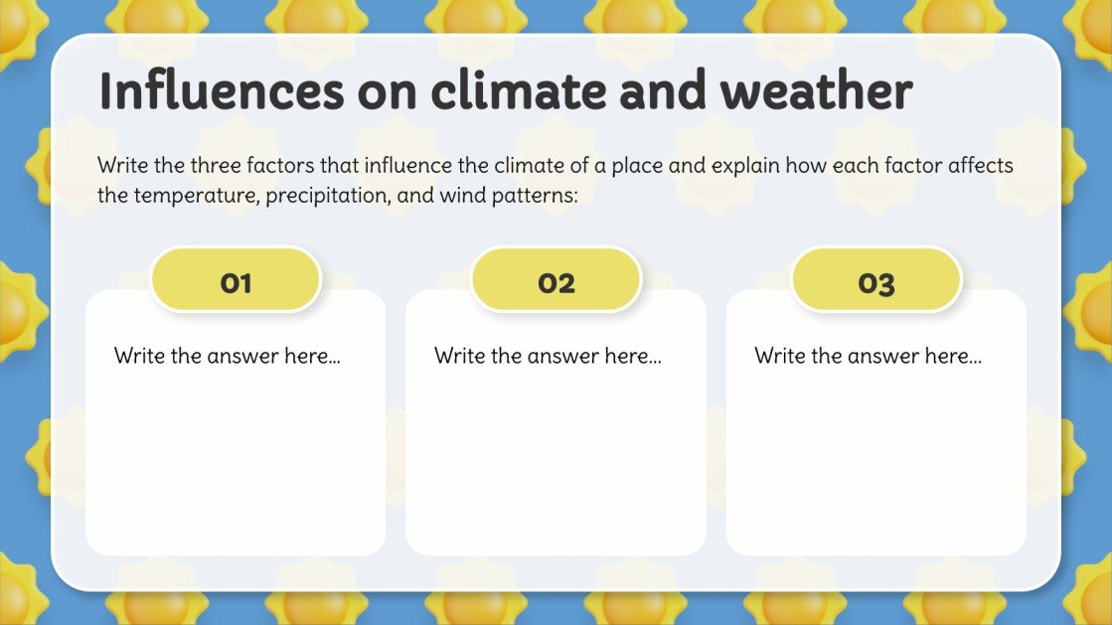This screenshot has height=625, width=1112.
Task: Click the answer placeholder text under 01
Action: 228,356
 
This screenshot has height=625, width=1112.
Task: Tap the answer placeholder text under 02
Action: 548,356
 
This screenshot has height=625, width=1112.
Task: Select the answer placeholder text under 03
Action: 868,356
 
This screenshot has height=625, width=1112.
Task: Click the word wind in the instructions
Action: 455,196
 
